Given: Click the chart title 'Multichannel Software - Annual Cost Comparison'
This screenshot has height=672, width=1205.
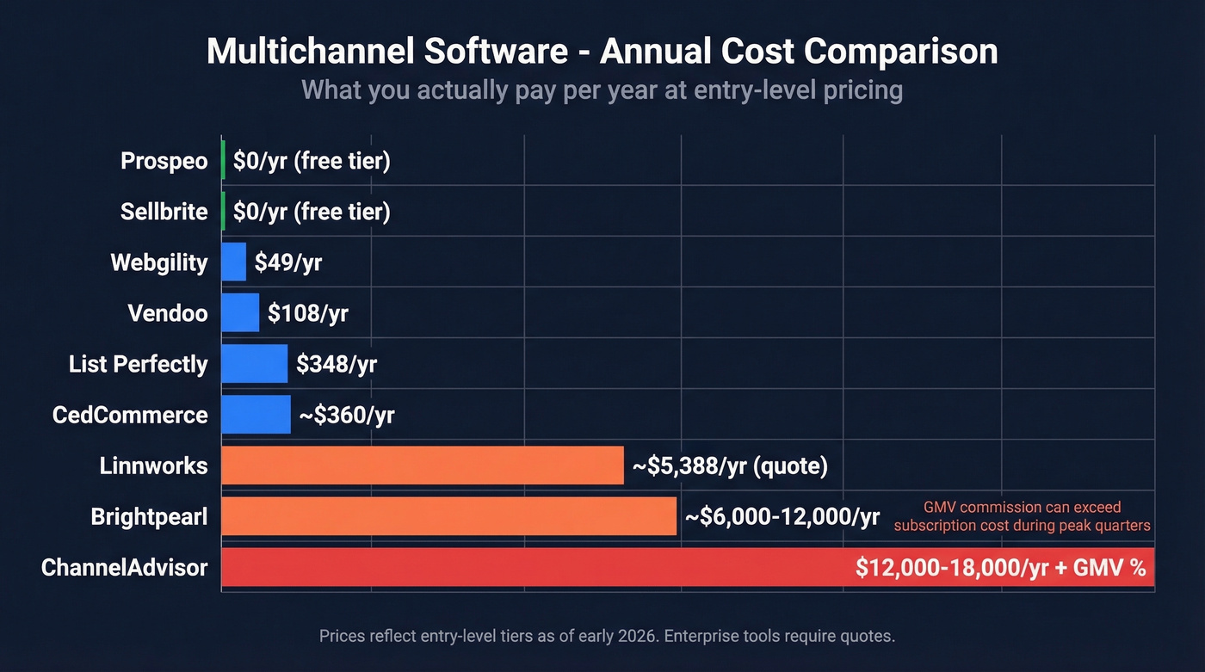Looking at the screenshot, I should coord(602,52).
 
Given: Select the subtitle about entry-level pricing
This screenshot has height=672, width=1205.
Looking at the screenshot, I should coord(602,90).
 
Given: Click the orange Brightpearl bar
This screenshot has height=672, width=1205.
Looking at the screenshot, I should coord(448,516).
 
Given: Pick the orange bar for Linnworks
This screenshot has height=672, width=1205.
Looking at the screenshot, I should coord(422,465).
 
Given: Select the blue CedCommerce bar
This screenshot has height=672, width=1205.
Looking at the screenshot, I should coord(256,415).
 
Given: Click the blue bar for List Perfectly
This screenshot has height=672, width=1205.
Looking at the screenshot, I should coord(254,364).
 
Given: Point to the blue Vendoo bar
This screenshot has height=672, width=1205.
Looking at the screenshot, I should coord(240,312).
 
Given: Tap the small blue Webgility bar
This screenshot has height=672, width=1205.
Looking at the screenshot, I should coord(233,262).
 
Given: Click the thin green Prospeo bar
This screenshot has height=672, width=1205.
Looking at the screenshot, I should coord(224,160).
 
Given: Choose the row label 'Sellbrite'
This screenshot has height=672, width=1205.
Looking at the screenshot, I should coord(164,212).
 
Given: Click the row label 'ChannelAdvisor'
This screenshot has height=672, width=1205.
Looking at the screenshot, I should coord(125,568).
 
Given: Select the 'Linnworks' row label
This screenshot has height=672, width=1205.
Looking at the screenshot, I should coord(153,466).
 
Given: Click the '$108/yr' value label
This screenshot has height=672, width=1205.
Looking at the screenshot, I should coord(307,313).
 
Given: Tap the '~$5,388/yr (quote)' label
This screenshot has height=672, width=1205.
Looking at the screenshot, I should coord(730,466).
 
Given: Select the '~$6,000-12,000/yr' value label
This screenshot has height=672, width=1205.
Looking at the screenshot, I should coord(782,517).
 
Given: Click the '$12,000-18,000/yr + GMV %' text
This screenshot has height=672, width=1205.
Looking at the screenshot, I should coord(1001,568).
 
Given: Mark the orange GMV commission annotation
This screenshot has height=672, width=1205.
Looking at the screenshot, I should coord(1022,516).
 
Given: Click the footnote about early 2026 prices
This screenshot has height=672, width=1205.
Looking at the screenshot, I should coord(607,637).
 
